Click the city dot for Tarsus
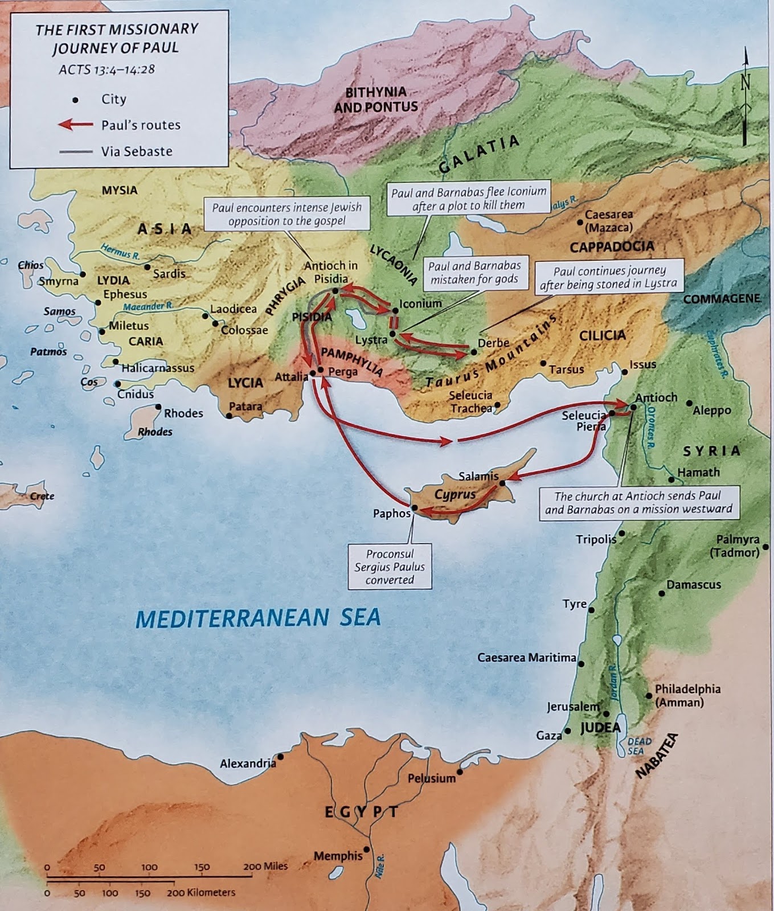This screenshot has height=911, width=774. coord(543,363)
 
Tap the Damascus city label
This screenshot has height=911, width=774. coord(694,585)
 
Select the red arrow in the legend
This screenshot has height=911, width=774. coord(76,124)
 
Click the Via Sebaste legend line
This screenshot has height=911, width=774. coord(75,151)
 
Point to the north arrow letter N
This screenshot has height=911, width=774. coord(745,82)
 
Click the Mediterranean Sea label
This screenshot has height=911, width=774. coord(258,618)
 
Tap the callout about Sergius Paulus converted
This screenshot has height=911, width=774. coord(390,567)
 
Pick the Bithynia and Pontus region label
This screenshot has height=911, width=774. coord(376,99)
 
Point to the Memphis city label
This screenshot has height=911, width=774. coord(338,855)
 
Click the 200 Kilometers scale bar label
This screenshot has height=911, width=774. coord(200,892)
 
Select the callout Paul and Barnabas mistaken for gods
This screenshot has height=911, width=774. coord(474,272)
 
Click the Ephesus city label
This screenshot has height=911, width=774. coord(125,294)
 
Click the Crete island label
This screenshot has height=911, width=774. coord(42,496)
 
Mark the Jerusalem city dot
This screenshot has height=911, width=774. coord(607,713)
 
